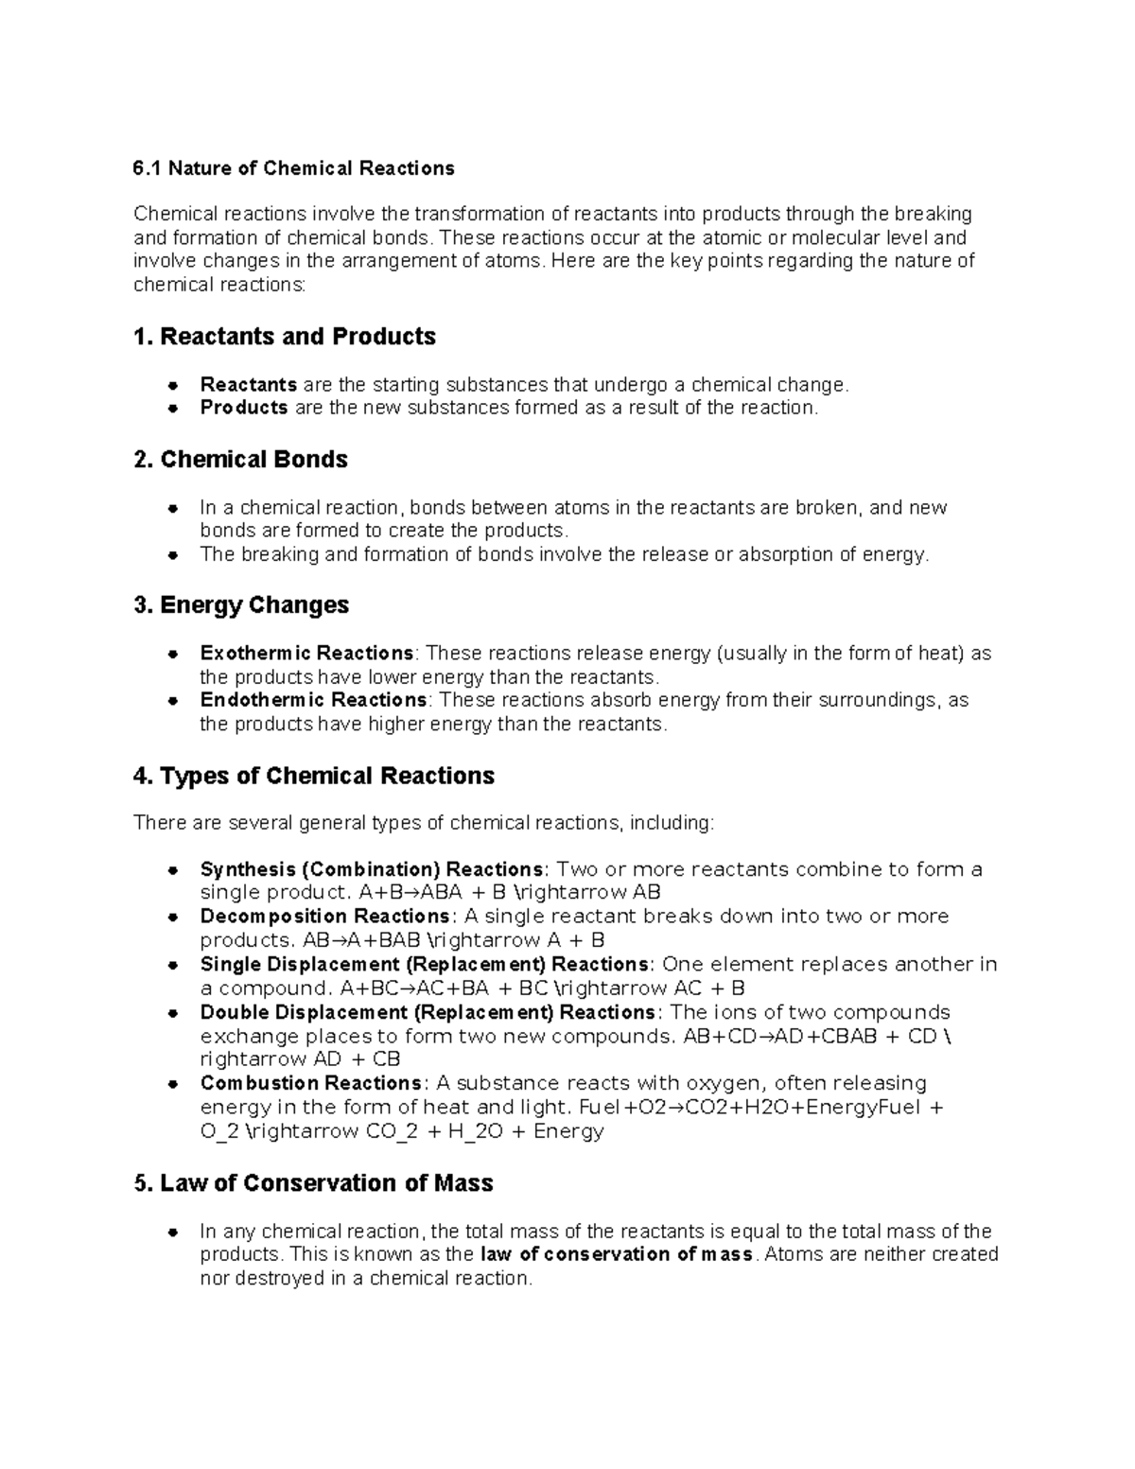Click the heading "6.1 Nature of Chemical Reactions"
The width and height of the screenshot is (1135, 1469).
pyautogui.click(x=293, y=168)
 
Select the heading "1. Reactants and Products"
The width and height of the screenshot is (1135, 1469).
pyautogui.click(x=285, y=337)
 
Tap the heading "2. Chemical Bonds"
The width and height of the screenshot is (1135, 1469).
pyautogui.click(x=240, y=460)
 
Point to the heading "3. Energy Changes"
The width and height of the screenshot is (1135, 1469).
pyautogui.click(x=241, y=605)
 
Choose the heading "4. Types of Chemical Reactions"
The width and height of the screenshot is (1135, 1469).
pyautogui.click(x=314, y=777)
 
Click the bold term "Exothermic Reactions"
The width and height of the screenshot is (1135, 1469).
pyautogui.click(x=306, y=654)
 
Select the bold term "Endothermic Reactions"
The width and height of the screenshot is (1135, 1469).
pyautogui.click(x=313, y=700)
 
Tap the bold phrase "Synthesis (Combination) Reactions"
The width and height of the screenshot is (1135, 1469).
pyautogui.click(x=372, y=869)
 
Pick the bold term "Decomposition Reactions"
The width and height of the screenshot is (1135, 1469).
pyautogui.click(x=325, y=917)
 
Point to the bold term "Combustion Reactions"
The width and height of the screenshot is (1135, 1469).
pyautogui.click(x=311, y=1083)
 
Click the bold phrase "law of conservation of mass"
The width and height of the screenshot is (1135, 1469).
pyautogui.click(x=617, y=1254)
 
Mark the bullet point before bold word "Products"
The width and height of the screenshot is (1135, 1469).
pyautogui.click(x=173, y=409)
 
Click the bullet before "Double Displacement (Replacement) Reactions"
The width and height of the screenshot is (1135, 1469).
pyautogui.click(x=173, y=1013)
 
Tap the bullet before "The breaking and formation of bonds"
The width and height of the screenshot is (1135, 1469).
pyautogui.click(x=173, y=555)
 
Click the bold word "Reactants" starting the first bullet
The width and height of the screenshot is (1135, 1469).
pyautogui.click(x=248, y=385)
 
